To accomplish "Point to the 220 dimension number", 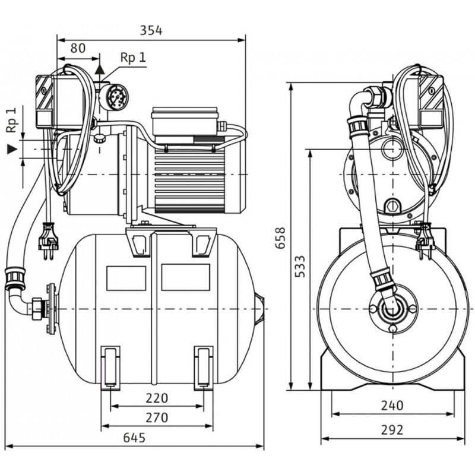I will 156,398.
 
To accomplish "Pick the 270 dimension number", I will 156,417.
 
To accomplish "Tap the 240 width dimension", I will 392,406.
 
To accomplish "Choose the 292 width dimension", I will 392,429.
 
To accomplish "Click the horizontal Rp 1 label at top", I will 132,58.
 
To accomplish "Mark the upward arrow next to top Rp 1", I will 102,71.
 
